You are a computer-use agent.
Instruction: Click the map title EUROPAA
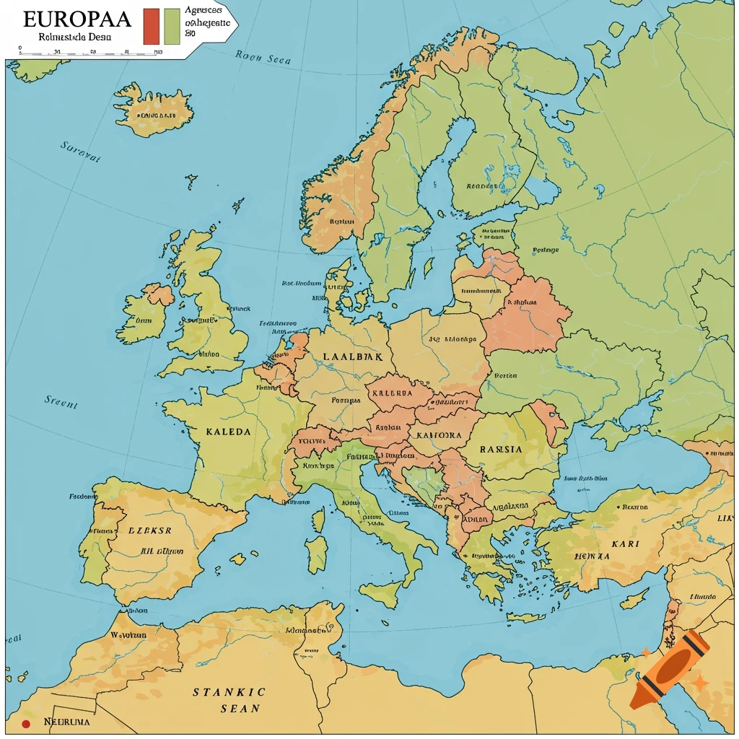coord(76,17)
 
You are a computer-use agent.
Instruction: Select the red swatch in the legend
coord(151,26)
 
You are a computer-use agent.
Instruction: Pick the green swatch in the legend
coord(172,26)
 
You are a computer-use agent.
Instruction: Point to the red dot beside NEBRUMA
coord(26,723)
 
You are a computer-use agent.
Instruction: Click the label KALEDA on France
coord(228,432)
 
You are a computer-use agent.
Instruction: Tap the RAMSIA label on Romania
coord(501,448)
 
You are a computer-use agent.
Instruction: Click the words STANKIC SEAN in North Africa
coord(229,700)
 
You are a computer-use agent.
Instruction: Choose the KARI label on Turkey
coord(626,543)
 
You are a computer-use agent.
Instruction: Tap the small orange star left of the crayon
coord(646,652)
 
